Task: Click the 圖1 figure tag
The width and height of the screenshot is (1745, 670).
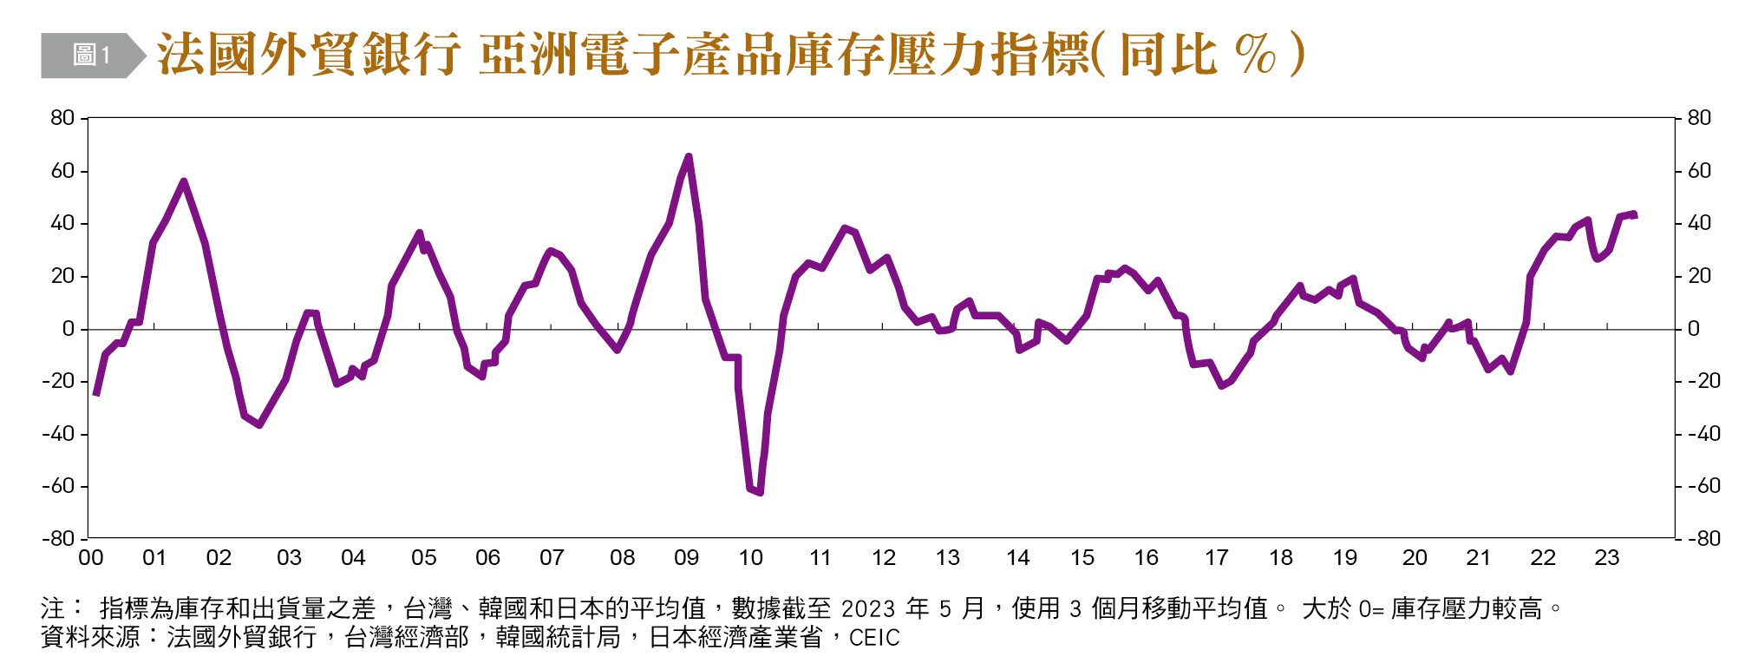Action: pos(91,56)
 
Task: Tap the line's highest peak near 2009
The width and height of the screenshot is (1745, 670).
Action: pos(689,156)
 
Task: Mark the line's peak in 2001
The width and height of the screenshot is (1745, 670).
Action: pos(183,181)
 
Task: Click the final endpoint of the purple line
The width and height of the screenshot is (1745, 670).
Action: pos(1635,214)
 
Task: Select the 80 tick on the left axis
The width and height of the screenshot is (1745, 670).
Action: pos(62,118)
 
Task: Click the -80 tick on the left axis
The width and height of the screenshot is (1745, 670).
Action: pos(58,539)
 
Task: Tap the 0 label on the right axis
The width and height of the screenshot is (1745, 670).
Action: pos(1693,329)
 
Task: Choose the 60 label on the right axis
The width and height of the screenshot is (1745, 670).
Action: pos(1699,171)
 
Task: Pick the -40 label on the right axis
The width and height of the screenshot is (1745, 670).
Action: pos(1703,434)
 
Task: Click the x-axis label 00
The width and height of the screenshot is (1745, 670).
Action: pos(90,558)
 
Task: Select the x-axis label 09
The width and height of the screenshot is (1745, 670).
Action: pos(686,558)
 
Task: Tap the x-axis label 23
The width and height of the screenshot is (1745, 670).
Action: pos(1606,558)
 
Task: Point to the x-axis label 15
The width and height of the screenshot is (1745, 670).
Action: pos(1082,558)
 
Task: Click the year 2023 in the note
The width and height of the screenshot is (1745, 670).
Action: pos(869,609)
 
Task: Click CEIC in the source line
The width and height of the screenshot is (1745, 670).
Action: pos(874,639)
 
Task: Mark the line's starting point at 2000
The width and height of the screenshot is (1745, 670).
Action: pos(95,394)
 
